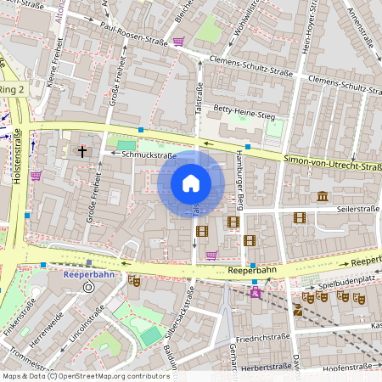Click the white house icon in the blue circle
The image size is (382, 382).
[191, 183]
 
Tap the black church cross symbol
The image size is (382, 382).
[82, 152]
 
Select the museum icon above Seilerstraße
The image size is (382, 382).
[323, 197]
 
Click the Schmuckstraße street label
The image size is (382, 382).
[149, 155]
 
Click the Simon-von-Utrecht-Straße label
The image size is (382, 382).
[332, 160]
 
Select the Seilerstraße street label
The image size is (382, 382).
[358, 208]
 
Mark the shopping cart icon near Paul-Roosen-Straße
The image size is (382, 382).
[178, 41]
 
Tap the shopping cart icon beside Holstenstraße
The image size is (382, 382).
[36, 176]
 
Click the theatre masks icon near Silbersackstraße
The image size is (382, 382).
[133, 280]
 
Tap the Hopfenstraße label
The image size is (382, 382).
[348, 366]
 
